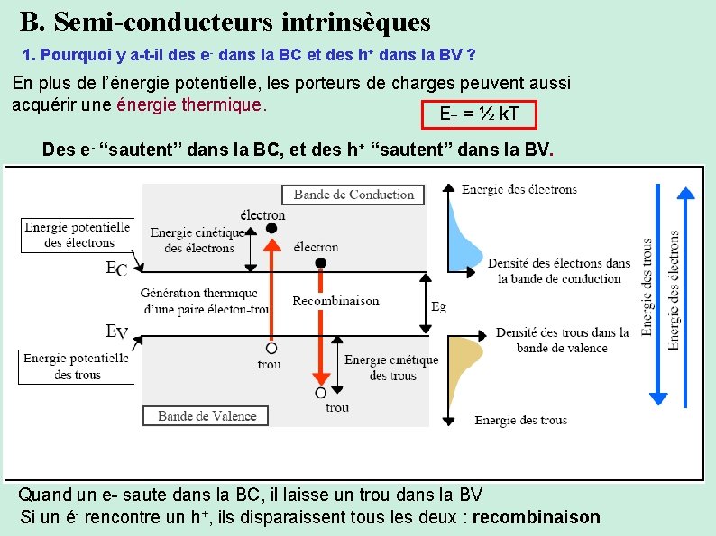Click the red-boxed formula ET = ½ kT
tap(478, 114)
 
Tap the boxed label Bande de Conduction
tap(353, 195)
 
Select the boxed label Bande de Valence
tap(207, 415)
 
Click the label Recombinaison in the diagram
tap(335, 301)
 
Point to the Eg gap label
tap(438, 306)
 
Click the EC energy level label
tap(116, 268)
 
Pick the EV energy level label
tap(116, 332)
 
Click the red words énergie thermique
tap(189, 104)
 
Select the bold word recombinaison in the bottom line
tap(536, 517)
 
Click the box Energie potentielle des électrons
tap(77, 235)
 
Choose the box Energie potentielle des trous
tap(77, 366)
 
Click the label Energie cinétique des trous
tap(391, 367)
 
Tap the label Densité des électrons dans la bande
tap(559, 270)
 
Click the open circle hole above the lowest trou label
tap(320, 393)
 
